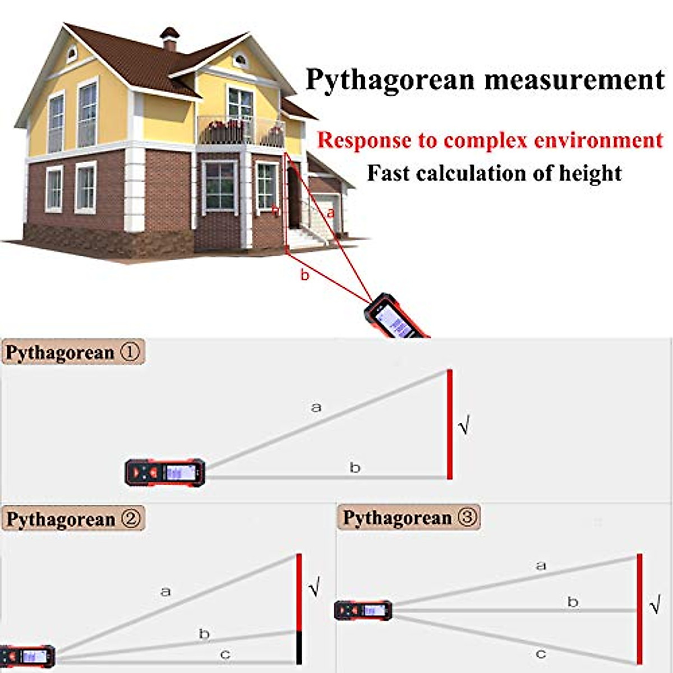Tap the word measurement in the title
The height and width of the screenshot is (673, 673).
click(574, 80)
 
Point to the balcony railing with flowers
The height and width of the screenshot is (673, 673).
click(241, 132)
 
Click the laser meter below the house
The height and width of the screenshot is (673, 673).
click(395, 317)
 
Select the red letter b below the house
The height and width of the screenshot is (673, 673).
click(305, 275)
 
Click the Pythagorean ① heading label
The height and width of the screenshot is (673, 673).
click(73, 353)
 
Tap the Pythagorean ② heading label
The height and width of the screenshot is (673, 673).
click(73, 519)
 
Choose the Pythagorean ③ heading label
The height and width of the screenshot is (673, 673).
click(409, 517)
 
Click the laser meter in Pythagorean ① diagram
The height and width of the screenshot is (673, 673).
click(165, 472)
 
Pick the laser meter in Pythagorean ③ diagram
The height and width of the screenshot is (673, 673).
click(363, 610)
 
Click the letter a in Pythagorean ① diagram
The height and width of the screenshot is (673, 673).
click(316, 407)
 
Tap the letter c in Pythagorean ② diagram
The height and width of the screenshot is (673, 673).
click(225, 654)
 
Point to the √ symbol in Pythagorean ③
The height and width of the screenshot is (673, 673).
click(654, 607)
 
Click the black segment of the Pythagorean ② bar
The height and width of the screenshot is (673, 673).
click(299, 648)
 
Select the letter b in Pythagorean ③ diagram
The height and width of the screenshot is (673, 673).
click(573, 602)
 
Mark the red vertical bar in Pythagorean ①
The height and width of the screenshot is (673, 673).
click(450, 424)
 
